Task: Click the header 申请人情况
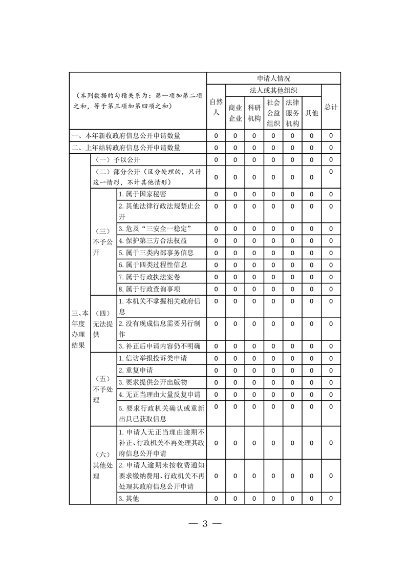coord(273,78)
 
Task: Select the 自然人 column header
coord(216,107)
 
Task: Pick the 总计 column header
coord(331,107)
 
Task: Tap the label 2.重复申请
coord(135,370)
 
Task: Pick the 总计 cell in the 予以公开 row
coord(331,160)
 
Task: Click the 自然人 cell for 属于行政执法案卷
coord(216,277)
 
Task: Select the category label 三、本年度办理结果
coord(79,328)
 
